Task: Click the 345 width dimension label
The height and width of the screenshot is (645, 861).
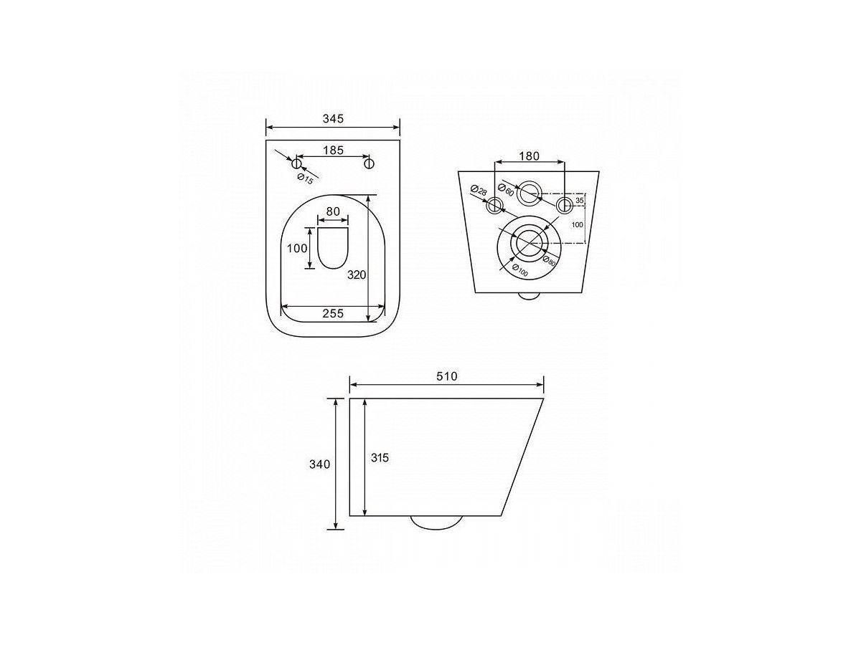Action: [333, 118]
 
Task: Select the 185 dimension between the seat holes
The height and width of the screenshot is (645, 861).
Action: [333, 150]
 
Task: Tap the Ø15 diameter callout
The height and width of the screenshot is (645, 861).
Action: [305, 179]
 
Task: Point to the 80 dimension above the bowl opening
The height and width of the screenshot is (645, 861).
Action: [333, 211]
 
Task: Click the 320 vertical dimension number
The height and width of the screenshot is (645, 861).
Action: [357, 275]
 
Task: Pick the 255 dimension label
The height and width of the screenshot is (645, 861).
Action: [333, 313]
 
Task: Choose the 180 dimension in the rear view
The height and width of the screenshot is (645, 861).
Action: [529, 156]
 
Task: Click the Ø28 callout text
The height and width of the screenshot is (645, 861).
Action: [479, 191]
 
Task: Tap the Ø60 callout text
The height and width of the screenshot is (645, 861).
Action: [506, 189]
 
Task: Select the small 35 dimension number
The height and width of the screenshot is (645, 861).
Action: [579, 201]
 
